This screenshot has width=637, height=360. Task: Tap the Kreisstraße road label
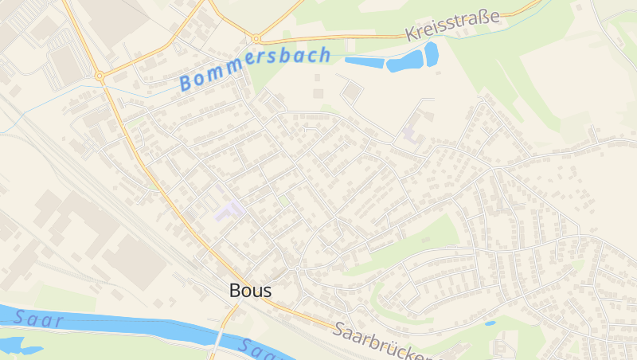tap(452, 25)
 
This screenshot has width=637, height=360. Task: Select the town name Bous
tap(250, 291)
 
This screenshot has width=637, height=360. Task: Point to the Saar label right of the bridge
tap(259, 349)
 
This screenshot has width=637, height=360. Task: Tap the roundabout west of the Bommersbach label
tap(100, 76)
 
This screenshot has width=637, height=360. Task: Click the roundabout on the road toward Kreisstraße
tap(256, 38)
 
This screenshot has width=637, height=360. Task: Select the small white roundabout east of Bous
tap(297, 268)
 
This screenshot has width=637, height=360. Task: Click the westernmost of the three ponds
tap(365, 61)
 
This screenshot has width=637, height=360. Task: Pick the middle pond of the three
tap(404, 62)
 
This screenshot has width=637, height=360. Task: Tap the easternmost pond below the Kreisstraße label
tap(431, 53)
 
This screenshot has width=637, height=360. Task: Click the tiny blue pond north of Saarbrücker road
tap(490, 323)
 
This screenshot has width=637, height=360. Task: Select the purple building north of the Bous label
tap(229, 211)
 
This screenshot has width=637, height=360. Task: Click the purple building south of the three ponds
tap(411, 132)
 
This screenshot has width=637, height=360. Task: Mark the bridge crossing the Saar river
tap(218, 338)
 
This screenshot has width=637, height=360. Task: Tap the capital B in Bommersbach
tap(188, 81)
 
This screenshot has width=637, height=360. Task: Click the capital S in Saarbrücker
tap(341, 328)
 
